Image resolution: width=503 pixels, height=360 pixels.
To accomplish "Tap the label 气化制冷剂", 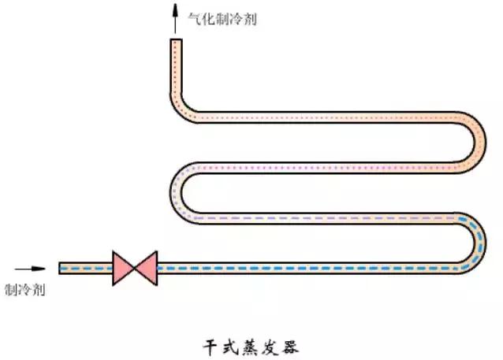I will click(222, 18).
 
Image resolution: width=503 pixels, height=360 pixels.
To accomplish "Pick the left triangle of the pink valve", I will click(124, 268).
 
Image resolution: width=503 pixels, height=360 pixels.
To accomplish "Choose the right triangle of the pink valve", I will click(146, 268).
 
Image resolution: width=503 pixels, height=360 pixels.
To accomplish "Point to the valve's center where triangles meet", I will click(135, 268).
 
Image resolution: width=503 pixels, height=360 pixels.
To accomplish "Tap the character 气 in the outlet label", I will click(193, 18).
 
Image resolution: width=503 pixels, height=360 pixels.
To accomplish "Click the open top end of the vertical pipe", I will click(176, 42).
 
